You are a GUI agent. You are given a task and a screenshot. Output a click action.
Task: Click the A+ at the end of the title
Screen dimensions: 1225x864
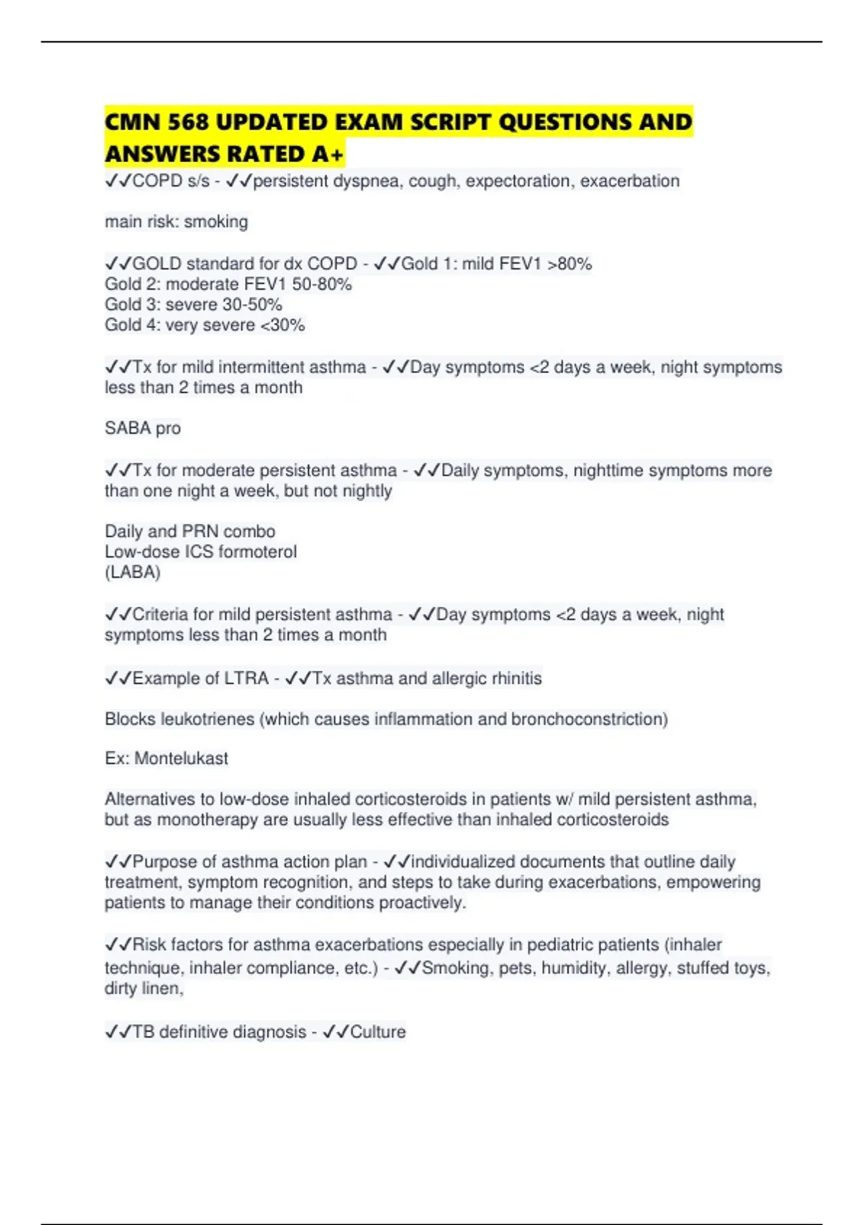[328, 154]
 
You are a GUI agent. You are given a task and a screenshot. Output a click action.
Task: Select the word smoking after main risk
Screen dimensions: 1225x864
[216, 222]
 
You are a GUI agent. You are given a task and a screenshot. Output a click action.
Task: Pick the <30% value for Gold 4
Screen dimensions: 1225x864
[282, 325]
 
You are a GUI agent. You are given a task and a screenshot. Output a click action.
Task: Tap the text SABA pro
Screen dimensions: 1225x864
[143, 428]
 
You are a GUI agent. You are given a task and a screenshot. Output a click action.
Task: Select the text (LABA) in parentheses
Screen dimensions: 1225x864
[132, 572]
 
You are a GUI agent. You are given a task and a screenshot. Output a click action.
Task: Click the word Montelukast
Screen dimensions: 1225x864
[181, 758]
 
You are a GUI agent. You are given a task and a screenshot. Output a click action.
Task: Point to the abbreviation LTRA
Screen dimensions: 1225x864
[246, 678]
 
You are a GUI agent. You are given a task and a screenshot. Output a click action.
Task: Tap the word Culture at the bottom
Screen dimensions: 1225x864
[378, 1032]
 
